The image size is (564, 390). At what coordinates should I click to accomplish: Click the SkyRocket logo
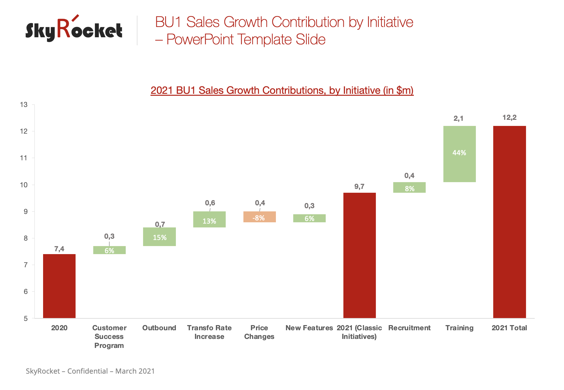(x=74, y=30)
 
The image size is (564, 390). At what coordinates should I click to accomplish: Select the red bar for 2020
(x=59, y=286)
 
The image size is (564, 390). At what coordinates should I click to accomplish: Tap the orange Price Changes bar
(x=259, y=217)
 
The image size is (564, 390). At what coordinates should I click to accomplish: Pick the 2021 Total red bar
(x=509, y=222)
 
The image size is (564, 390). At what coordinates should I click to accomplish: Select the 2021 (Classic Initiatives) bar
(x=359, y=255)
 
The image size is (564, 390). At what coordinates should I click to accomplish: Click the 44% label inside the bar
(x=459, y=153)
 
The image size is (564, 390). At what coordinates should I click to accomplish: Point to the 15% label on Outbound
(x=159, y=238)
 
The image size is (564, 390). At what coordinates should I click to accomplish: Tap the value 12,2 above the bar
(x=509, y=118)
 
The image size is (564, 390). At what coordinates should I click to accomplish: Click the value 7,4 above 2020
(x=59, y=249)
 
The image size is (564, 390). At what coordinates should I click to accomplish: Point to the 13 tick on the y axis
(x=24, y=105)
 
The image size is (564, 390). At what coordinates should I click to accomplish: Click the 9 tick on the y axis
(x=25, y=212)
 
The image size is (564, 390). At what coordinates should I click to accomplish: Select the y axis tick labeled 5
(x=25, y=319)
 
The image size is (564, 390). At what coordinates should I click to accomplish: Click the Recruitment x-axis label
(x=409, y=328)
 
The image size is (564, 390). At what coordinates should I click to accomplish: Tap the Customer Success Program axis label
(x=109, y=337)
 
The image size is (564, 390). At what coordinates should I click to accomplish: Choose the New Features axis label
(x=309, y=328)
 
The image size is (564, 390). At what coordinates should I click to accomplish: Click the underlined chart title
(x=282, y=90)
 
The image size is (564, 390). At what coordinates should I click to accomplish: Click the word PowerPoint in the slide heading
(x=200, y=40)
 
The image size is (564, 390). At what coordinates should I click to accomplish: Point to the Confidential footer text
(x=87, y=371)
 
